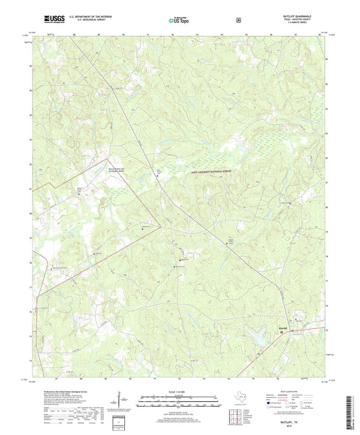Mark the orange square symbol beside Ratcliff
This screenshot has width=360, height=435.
point(282,332)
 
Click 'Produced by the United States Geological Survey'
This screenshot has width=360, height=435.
point(63,391)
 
